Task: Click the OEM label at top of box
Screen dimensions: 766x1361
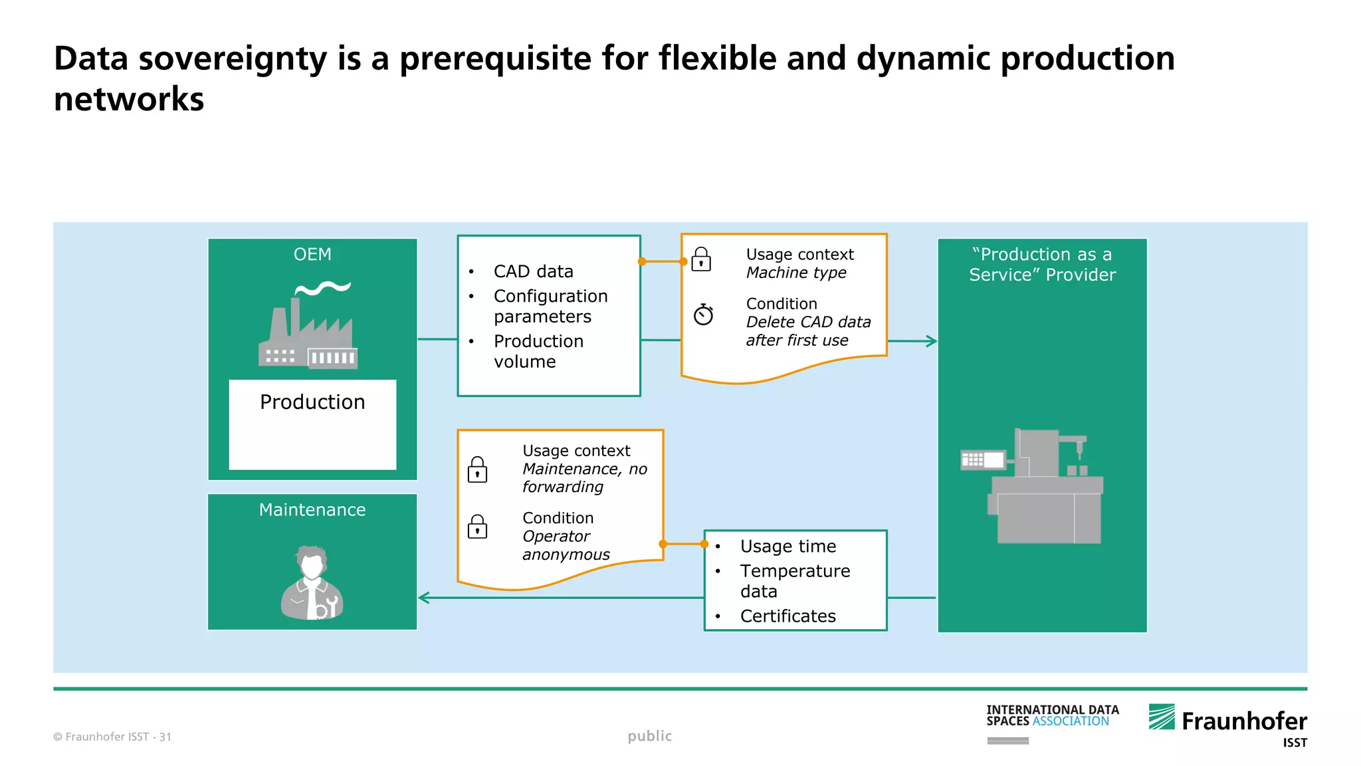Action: pos(312,255)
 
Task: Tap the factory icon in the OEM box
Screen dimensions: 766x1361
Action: pos(308,326)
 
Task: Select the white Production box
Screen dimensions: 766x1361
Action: pos(312,424)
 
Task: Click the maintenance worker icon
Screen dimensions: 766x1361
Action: pos(312,583)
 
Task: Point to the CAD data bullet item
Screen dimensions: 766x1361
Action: pos(533,271)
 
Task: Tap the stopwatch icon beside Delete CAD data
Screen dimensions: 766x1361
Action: pos(703,315)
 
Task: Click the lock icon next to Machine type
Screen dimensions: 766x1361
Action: pos(701,259)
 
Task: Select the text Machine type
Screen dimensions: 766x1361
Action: pos(795,273)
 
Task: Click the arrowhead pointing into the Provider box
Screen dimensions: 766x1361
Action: pos(932,341)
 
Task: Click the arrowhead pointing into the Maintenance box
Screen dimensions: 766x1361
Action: pos(424,598)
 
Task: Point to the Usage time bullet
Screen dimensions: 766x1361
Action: pos(787,547)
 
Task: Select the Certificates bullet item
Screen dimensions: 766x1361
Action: pos(787,616)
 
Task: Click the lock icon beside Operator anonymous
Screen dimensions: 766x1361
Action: pos(477,527)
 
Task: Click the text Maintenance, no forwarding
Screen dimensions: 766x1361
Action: pos(584,477)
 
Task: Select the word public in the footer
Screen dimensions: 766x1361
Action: pos(649,736)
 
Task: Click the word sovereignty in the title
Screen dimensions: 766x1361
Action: pos(233,59)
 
